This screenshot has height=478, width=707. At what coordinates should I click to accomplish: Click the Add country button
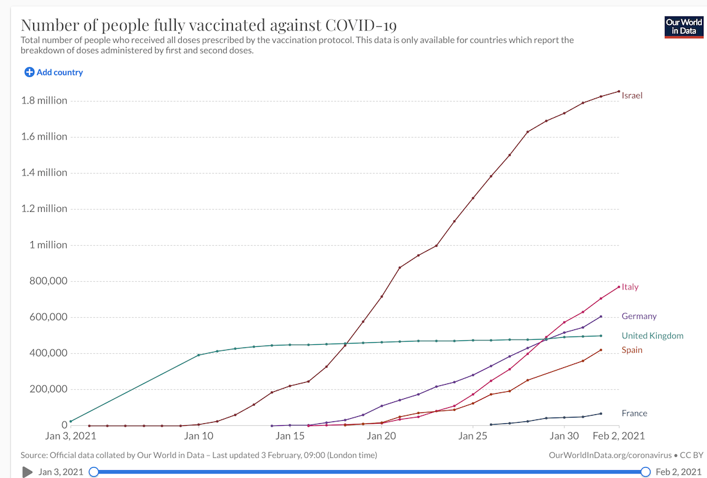point(54,73)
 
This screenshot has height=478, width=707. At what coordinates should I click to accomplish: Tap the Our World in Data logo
point(683,26)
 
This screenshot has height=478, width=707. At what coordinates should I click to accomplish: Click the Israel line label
point(632,96)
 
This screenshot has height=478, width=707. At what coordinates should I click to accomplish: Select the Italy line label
point(630,287)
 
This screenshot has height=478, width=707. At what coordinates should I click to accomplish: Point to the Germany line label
point(639,317)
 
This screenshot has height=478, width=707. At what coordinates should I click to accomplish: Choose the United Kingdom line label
point(652,336)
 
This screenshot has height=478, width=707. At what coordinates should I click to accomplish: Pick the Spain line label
point(632,350)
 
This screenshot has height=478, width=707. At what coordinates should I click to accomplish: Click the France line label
point(634,413)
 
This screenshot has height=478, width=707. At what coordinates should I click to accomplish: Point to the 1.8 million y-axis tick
point(44,101)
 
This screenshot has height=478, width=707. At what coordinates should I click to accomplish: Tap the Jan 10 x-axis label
point(199,436)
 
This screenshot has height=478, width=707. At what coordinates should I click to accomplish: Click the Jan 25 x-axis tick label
point(473,436)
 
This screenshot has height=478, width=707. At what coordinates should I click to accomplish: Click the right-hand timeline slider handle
point(645,472)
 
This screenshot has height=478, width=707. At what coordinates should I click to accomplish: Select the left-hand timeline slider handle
point(94,472)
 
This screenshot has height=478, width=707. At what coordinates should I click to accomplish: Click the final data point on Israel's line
point(619,91)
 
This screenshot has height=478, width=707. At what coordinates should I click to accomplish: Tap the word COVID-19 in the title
point(361,26)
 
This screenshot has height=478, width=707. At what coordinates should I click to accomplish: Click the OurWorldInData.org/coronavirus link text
point(608,455)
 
